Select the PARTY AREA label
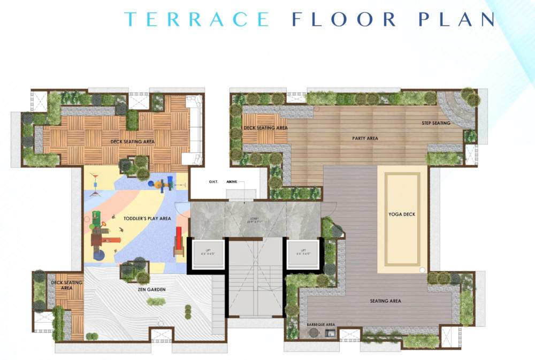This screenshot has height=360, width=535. point(365,139)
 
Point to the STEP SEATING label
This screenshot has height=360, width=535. point(436,124)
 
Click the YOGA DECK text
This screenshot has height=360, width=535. point(402,215)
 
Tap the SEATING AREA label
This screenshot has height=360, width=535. point(385,301)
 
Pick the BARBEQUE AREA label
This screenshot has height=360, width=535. point(320,325)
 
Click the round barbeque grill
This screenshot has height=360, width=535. point(313,333)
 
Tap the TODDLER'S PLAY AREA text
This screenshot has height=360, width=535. point(147,219)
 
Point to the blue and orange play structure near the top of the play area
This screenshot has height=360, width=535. point(163,184)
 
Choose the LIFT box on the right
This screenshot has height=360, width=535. point(303,252)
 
